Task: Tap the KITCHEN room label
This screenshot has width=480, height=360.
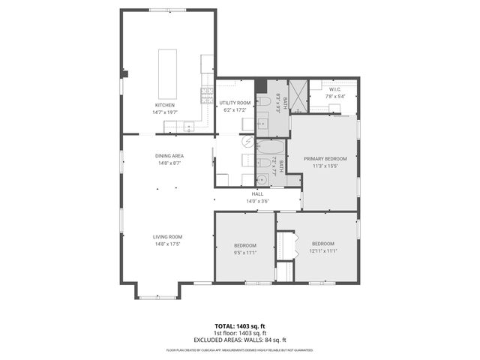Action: pyautogui.click(x=165, y=104)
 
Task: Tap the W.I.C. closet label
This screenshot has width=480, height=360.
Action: pyautogui.click(x=334, y=89)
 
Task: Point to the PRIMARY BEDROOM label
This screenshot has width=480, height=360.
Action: pyautogui.click(x=325, y=159)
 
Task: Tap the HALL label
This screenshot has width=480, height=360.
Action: pyautogui.click(x=257, y=194)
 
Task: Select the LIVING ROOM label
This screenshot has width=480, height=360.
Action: pyautogui.click(x=168, y=236)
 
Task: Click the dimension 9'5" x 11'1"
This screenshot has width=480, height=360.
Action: pyautogui.click(x=244, y=252)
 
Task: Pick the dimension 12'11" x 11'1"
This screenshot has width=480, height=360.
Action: pyautogui.click(x=323, y=250)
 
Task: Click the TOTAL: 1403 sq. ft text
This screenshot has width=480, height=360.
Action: pyautogui.click(x=240, y=326)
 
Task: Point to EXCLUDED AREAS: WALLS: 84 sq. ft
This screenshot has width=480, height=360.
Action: pyautogui.click(x=240, y=339)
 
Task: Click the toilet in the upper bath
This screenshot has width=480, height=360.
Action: pyautogui.click(x=264, y=101)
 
